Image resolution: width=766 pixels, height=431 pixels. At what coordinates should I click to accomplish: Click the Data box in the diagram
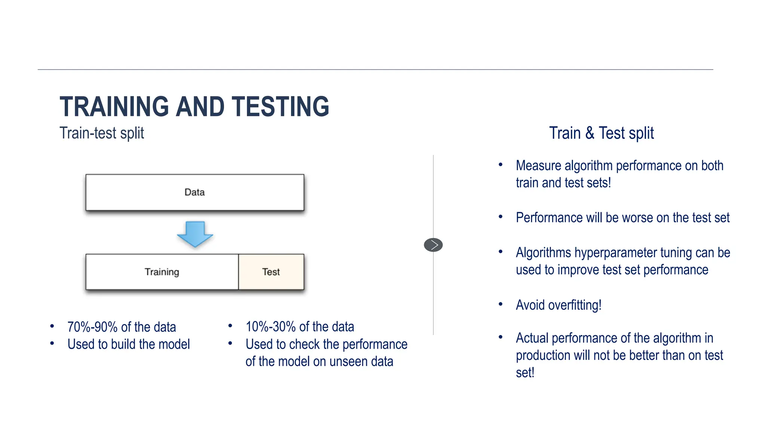point(194,192)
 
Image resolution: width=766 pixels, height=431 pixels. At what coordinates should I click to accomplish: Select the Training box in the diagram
point(162,272)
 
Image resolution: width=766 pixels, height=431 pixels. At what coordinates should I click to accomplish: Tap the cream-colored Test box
point(271,272)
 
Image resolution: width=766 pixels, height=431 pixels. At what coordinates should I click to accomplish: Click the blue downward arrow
point(195,234)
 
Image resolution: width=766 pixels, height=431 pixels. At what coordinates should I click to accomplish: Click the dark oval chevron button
point(433,245)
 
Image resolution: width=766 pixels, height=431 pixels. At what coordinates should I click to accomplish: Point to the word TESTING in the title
point(280,107)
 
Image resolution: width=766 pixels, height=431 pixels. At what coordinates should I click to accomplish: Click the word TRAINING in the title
point(114,107)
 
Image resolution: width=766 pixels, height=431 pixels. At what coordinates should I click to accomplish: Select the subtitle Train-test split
point(102,133)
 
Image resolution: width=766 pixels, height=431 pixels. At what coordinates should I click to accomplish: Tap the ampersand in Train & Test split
point(590,133)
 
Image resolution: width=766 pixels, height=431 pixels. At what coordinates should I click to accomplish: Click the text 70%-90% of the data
point(122,327)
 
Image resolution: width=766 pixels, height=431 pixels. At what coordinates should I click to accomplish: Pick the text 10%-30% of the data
point(300,327)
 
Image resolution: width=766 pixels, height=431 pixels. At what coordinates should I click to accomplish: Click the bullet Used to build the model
point(129,344)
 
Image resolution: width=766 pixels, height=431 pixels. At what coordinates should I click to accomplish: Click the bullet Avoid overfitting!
point(558,305)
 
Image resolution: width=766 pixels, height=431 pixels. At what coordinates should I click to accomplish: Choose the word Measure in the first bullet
point(538,166)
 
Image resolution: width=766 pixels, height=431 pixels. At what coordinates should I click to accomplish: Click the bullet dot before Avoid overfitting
point(500,304)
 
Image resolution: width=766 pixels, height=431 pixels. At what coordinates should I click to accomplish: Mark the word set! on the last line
point(525,373)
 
